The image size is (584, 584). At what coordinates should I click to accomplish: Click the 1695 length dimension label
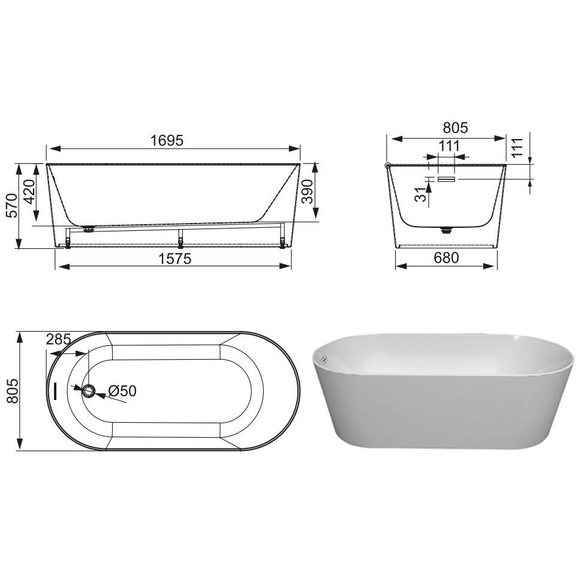tap(167, 140)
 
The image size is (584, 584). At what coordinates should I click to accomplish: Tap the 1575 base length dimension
tap(174, 258)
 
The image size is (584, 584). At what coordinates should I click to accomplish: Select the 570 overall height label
tap(11, 206)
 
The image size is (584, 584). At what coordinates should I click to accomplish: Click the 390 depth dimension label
tap(307, 191)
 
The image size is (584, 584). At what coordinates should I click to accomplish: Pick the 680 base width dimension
tap(446, 258)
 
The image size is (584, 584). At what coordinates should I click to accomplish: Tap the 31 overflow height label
tap(420, 194)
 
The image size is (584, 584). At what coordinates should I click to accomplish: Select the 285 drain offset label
tap(59, 339)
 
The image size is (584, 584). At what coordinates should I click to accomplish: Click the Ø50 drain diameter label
tap(122, 391)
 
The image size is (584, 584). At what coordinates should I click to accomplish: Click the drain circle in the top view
tap(89, 391)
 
